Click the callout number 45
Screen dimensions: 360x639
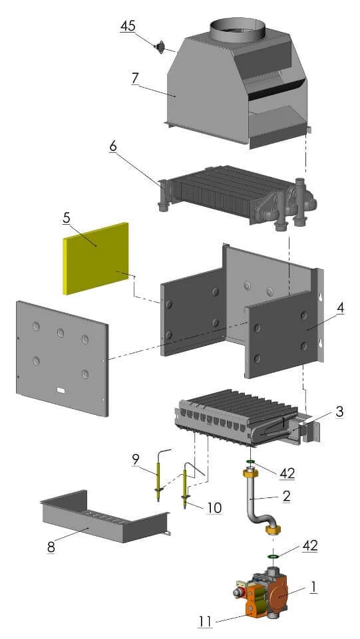(x=128, y=26)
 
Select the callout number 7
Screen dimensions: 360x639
(x=136, y=78)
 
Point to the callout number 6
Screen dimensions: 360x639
(x=113, y=146)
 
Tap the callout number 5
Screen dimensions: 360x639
(x=66, y=218)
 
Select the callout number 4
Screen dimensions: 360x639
(x=340, y=308)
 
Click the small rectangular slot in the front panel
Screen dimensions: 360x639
(x=61, y=390)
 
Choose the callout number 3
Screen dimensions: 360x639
(x=339, y=412)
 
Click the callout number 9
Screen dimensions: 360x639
(x=136, y=459)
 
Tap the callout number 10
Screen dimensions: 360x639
(x=214, y=508)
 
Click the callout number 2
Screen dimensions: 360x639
(x=287, y=495)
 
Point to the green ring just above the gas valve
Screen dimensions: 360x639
(x=273, y=556)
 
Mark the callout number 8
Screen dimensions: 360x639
(x=51, y=547)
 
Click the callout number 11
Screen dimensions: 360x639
(x=206, y=622)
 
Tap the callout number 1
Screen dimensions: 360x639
(x=313, y=587)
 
